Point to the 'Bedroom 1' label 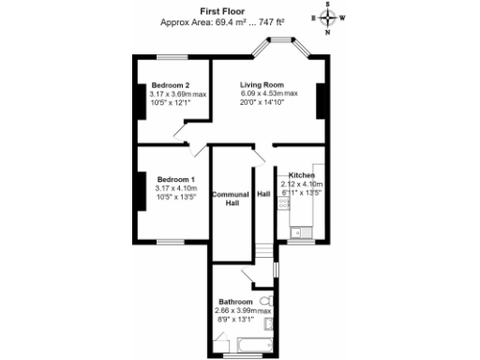pos(175,179)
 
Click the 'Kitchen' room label pos(302,175)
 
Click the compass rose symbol pos(327,17)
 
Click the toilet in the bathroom pos(265,302)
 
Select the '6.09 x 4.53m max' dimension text pos(268,94)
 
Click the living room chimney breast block pos(322,100)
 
